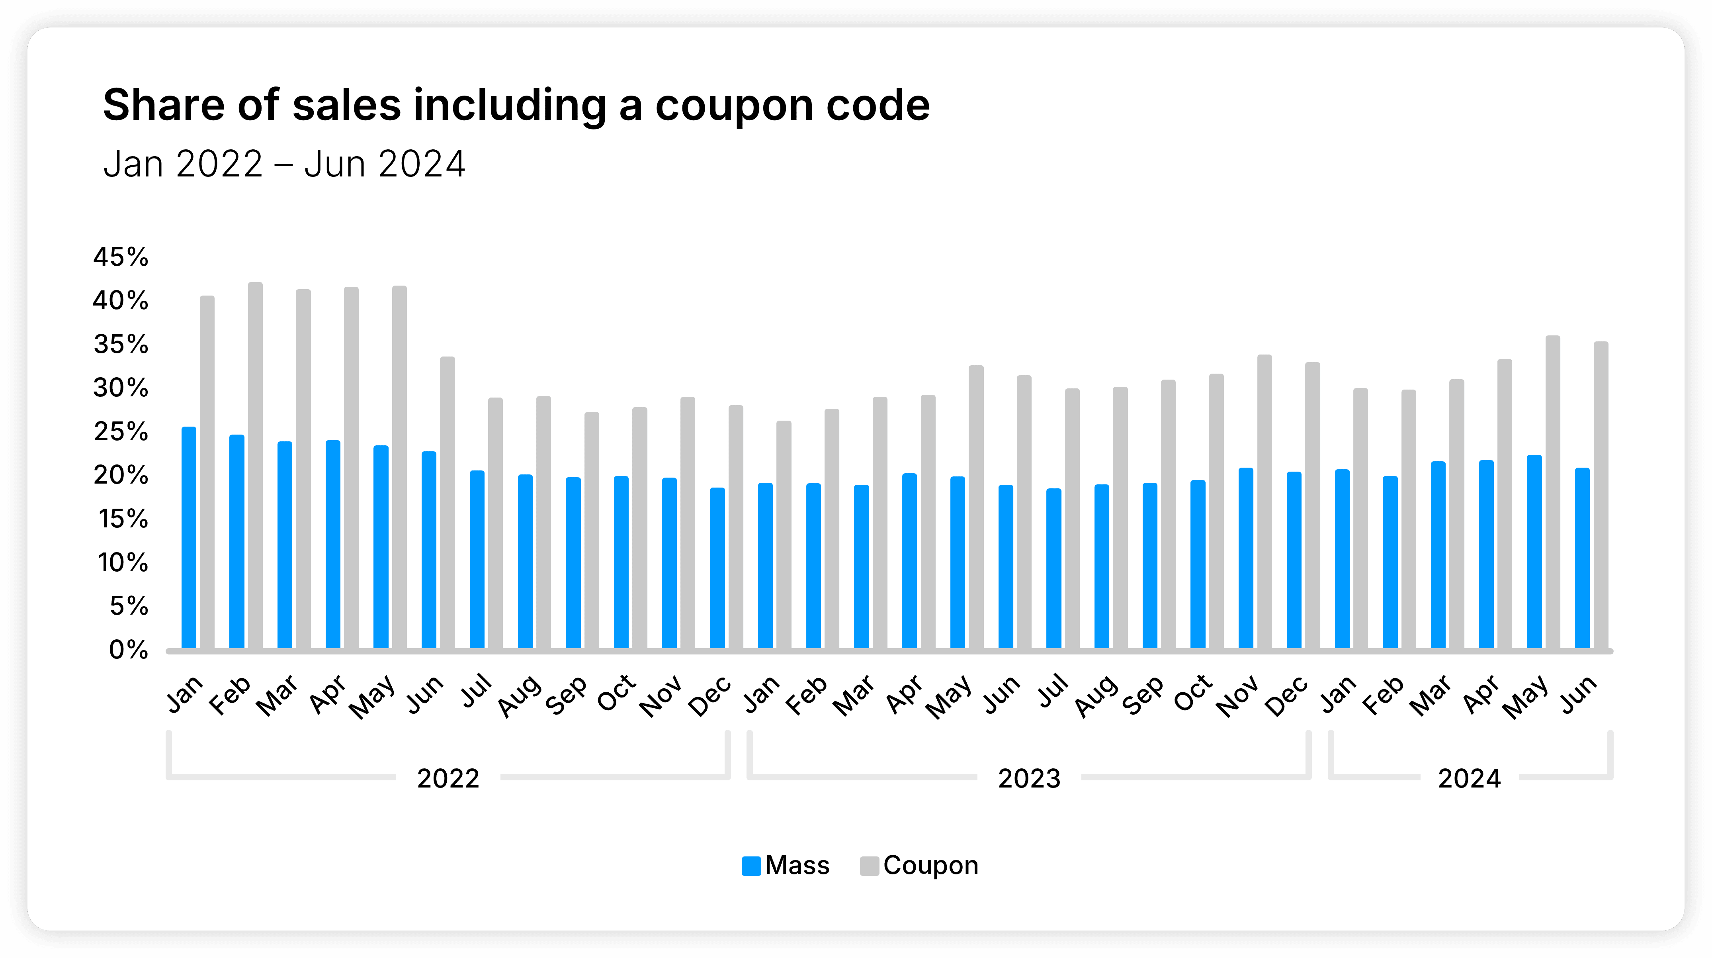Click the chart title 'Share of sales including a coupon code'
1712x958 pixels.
516,105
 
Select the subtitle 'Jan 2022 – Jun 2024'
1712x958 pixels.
284,164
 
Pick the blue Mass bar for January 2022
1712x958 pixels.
189,539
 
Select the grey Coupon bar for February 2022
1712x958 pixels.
255,465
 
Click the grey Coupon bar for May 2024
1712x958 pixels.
1552,492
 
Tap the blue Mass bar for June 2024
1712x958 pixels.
1582,558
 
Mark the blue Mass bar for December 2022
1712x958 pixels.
717,568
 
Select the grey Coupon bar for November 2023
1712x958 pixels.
1264,502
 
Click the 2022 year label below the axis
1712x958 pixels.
448,778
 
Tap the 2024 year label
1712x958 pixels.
1469,778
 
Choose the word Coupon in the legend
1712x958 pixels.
930,866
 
